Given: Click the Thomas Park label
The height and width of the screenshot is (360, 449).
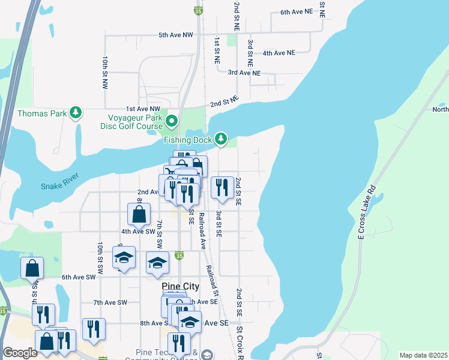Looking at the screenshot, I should pos(41,113).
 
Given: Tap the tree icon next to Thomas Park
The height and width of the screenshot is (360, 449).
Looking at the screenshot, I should pos(75,113).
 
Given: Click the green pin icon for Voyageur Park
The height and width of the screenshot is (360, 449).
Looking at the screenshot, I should pos(172,122).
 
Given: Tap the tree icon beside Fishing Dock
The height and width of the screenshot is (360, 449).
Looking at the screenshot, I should pos(221,139).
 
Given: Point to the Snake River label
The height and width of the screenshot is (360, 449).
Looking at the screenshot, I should pos(60,186).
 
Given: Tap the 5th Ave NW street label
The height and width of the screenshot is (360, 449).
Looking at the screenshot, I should pos(176,35).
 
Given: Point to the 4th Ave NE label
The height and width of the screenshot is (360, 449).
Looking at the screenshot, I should pos(279,53).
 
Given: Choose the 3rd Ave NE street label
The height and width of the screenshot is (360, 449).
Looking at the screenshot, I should pos(244,73).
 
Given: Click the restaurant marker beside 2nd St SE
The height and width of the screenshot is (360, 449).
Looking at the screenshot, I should pos(222,188).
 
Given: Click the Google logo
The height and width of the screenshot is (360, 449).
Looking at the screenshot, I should pos(20,353).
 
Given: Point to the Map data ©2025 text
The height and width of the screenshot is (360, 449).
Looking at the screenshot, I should pos(423,355).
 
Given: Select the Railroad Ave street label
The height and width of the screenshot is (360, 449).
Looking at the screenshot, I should pos(202,230).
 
